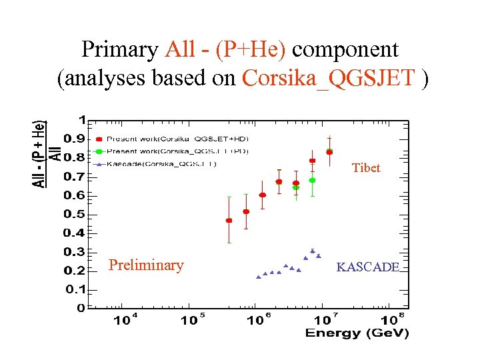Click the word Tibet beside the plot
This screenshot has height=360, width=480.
coord(366,168)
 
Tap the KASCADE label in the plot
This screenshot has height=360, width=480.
coord(368,267)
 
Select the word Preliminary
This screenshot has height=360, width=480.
coord(146,265)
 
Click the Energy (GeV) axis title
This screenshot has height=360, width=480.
coord(357,333)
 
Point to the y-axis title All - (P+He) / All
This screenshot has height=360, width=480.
coord(47,153)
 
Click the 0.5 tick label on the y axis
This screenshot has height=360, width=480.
coord(73,215)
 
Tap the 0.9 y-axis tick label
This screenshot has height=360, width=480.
coord(73,139)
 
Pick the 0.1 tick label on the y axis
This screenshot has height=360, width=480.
coord(73,290)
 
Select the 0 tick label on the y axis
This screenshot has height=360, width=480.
coord(81,309)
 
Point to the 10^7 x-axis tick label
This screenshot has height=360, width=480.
coord(325,320)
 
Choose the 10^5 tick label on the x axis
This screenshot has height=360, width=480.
coord(192,320)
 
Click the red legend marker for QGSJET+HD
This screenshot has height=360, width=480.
coord(99,139)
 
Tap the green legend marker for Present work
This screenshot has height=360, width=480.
coord(99,151)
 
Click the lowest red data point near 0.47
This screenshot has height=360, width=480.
coord(229,220)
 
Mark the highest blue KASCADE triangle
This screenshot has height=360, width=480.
coord(312,251)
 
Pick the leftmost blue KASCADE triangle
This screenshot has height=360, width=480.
coord(259,277)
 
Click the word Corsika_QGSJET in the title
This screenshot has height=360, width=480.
coord(328,78)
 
